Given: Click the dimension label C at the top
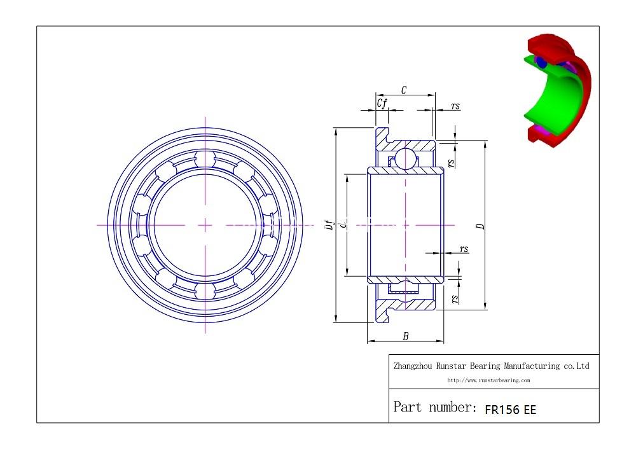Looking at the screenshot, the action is [404, 90].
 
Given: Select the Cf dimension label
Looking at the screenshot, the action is [382, 104].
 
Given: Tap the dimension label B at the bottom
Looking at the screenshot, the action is [405, 336].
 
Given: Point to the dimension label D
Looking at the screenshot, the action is [481, 226].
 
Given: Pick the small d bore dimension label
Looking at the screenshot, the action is [343, 224].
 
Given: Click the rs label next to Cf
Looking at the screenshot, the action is [455, 106].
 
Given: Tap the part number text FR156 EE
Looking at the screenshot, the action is [510, 410].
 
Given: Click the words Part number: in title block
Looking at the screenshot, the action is [435, 407].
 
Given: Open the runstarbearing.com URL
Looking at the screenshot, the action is [488, 380].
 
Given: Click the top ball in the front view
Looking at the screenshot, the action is [205, 159].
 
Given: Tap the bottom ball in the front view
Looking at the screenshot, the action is [205, 291].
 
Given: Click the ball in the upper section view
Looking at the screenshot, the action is [405, 158].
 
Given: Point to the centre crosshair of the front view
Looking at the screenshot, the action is [205, 225].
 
